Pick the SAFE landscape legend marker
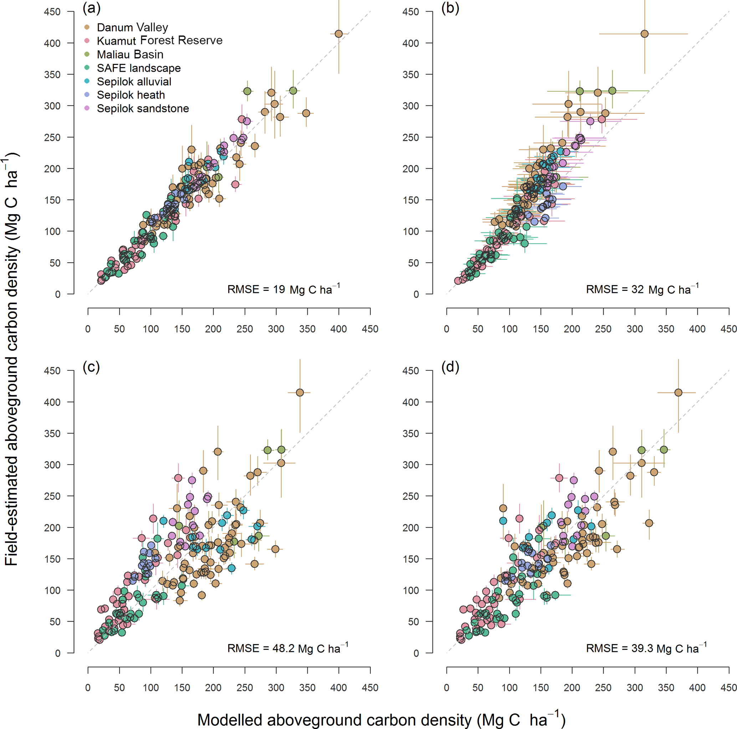(x=87, y=68)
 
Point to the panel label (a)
(x=92, y=9)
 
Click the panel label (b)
(x=450, y=9)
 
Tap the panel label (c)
(x=92, y=367)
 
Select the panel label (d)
(x=450, y=367)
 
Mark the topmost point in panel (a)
(x=338, y=34)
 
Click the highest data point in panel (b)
(x=644, y=34)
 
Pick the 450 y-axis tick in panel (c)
(x=52, y=371)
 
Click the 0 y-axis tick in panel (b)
(x=416, y=294)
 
